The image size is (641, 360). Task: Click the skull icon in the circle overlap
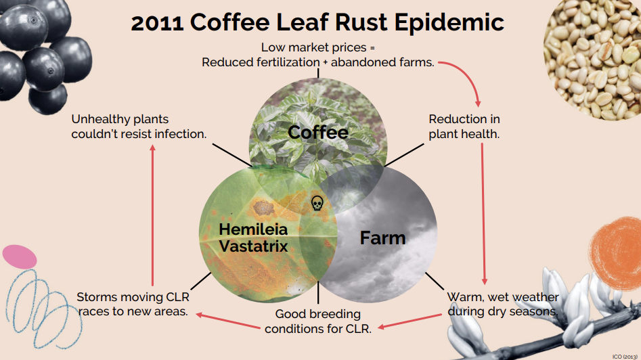pos(317,203)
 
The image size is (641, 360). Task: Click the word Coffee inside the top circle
pos(318,133)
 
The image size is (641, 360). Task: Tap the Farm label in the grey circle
pos(382,238)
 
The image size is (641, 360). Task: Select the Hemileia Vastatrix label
pos(253,238)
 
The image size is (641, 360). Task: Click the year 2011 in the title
pos(157,23)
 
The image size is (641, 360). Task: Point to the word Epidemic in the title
pos(449,23)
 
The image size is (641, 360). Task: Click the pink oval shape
pos(20,257)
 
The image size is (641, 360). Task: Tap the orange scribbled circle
pos(616,248)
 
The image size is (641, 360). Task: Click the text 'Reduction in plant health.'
pos(464,127)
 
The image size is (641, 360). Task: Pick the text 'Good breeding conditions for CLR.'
pos(318,321)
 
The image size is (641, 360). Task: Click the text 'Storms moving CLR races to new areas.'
pos(133,304)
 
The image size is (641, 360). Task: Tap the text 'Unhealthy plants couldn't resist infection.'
pos(139,127)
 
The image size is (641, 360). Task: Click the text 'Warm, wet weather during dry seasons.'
pos(503,304)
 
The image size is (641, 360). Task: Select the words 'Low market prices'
pos(313,47)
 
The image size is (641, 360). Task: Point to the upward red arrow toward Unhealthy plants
pos(152,215)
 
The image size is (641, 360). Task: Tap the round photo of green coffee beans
pos(592,60)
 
